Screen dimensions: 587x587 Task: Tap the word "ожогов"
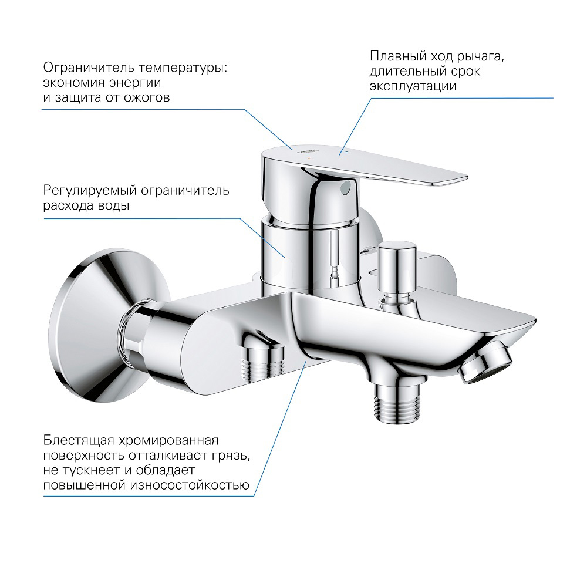[147, 97]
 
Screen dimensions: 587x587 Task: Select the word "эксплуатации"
[413, 86]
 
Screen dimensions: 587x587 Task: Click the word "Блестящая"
[79, 441]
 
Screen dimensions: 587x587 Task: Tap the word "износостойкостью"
[190, 485]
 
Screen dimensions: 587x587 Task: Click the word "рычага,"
[480, 56]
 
